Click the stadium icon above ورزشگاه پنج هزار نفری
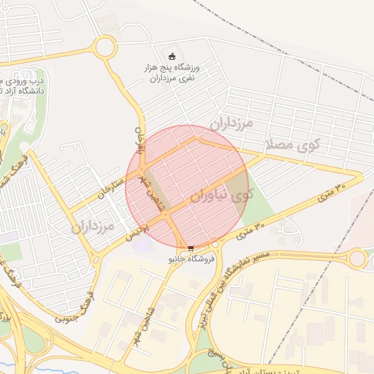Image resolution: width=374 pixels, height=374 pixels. pyautogui.click(x=172, y=57)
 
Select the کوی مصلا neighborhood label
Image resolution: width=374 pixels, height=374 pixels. pyautogui.click(x=294, y=144)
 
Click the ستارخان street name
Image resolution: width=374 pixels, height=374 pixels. pyautogui.click(x=105, y=187)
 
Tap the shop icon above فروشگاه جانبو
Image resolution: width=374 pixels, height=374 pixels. pyautogui.click(x=191, y=248)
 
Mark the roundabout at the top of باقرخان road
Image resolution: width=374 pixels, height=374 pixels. pyautogui.click(x=104, y=49)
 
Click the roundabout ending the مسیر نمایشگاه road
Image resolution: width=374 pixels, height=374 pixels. pyautogui.click(x=357, y=258)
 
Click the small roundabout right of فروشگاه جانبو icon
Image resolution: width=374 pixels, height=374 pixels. pyautogui.click(x=216, y=245)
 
